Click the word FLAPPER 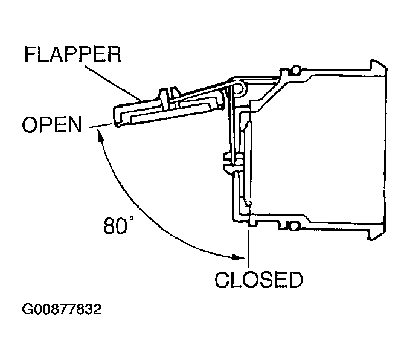pos(72,54)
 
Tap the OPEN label pos(52,124)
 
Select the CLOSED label pos(258,280)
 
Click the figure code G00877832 pos(62,309)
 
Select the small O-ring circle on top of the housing pos(296,70)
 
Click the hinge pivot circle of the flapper pos(239,88)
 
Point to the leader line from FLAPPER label pos(114,83)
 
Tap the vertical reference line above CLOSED pos(249,248)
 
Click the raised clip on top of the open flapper pos(169,98)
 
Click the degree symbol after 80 pos(131,219)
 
